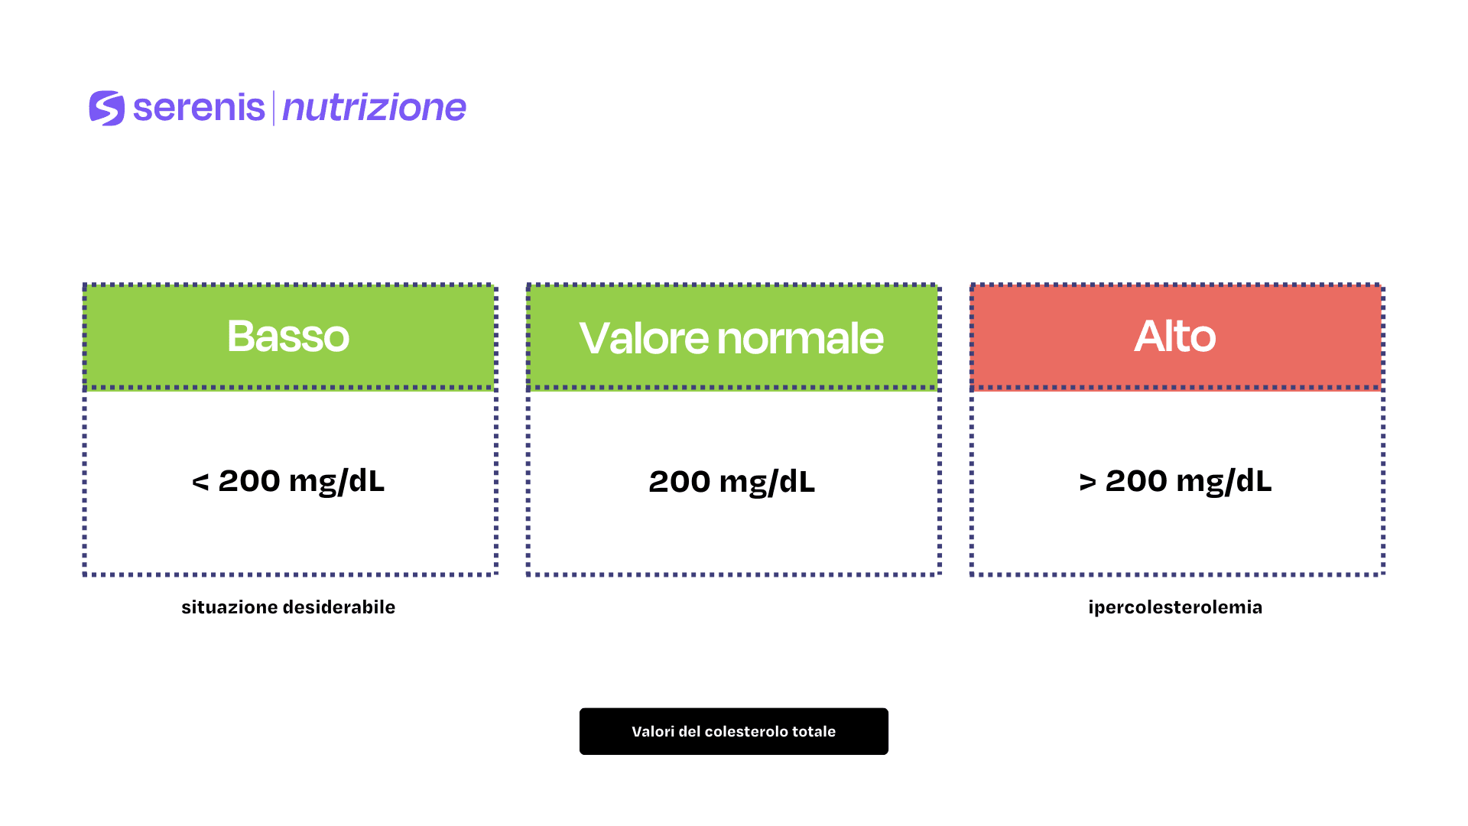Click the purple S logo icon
(107, 108)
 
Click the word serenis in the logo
(199, 108)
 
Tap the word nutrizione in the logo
(374, 108)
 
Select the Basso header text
(288, 336)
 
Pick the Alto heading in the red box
(1174, 336)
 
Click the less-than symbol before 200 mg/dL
(200, 483)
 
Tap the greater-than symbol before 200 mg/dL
(1087, 483)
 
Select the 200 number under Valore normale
(680, 482)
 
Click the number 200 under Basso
(249, 481)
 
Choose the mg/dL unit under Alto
(1224, 482)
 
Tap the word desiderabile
(340, 607)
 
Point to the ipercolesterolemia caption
(1175, 607)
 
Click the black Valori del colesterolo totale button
(734, 731)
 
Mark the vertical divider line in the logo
(274, 108)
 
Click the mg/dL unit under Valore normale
(768, 483)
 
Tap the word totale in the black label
(814, 731)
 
